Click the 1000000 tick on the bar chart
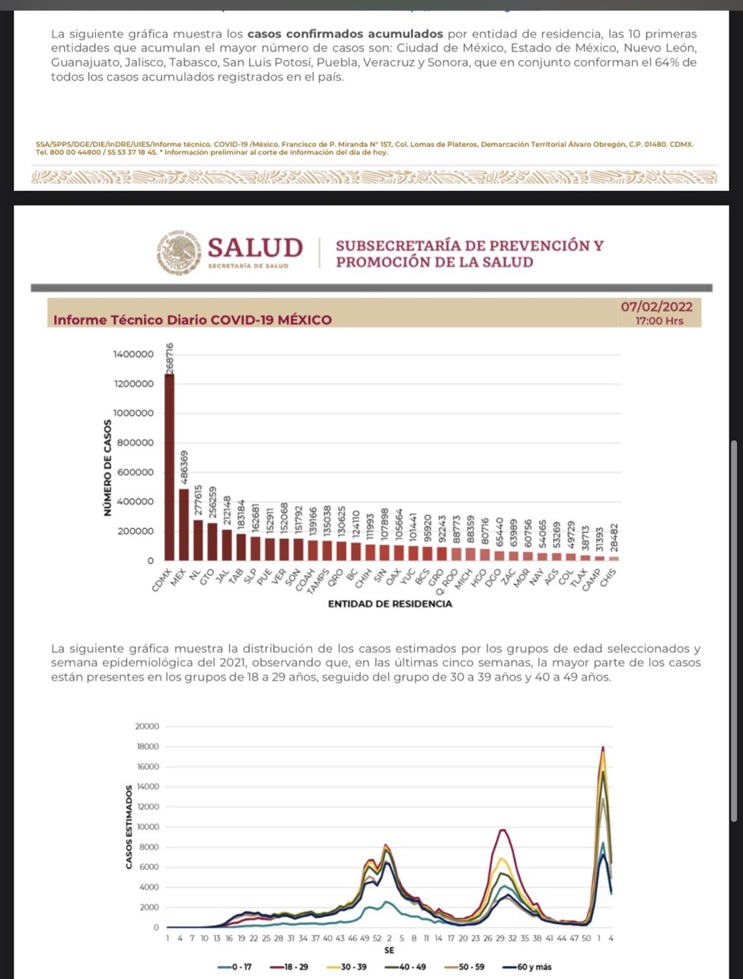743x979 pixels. coord(133,413)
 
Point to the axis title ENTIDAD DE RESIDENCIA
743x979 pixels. coord(390,604)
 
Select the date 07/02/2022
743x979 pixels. coord(656,306)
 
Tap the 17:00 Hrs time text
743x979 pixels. coord(659,320)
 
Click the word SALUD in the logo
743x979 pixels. coord(255,247)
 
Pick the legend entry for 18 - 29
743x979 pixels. coord(292,967)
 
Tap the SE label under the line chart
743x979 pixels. coord(389,951)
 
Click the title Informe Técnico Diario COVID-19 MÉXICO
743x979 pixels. coord(193,320)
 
